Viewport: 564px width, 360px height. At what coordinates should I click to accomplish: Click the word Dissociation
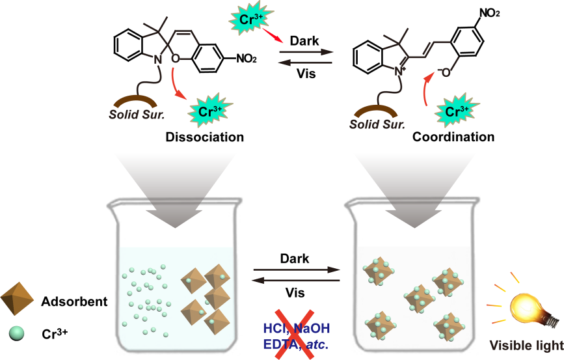click(x=204, y=137)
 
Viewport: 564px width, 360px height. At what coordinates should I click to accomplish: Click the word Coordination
click(x=453, y=137)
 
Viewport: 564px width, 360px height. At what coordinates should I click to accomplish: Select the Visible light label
click(x=526, y=345)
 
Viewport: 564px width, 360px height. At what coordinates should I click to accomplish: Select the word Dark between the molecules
click(x=304, y=40)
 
